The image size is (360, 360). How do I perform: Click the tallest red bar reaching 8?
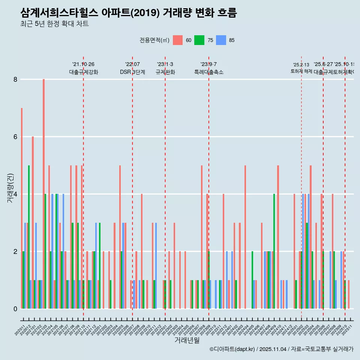click(43, 194)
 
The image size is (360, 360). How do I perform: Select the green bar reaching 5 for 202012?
click(29, 237)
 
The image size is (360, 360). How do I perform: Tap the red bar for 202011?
click(22, 208)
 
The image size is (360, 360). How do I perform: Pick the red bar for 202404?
click(245, 237)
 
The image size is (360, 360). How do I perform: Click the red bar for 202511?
click(349, 294)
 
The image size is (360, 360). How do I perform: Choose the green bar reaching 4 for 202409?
click(274, 251)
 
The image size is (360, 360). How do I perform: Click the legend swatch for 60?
click(178, 40)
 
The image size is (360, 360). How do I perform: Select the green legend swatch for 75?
click(199, 40)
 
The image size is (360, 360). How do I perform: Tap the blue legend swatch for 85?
click(221, 40)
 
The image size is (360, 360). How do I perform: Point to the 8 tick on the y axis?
click(15, 79)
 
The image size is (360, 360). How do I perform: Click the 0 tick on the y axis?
click(15, 309)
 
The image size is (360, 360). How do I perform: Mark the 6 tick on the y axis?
click(15, 137)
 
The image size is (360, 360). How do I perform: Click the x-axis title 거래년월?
click(187, 340)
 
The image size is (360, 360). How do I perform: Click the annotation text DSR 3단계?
click(132, 72)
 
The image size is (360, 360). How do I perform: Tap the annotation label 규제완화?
click(165, 72)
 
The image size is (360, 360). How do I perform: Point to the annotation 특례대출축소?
click(208, 72)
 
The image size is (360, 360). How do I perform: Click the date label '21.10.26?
click(83, 64)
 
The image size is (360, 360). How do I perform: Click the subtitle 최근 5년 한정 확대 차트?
click(54, 24)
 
